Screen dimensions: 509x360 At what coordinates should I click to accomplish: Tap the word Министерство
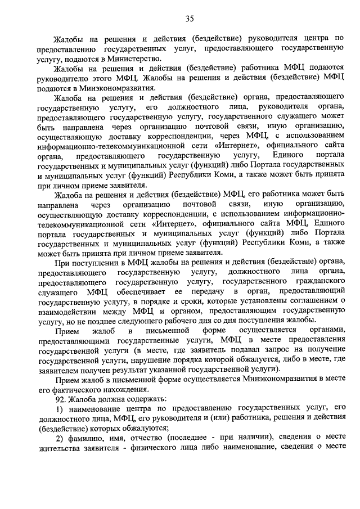click(x=136, y=58)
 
